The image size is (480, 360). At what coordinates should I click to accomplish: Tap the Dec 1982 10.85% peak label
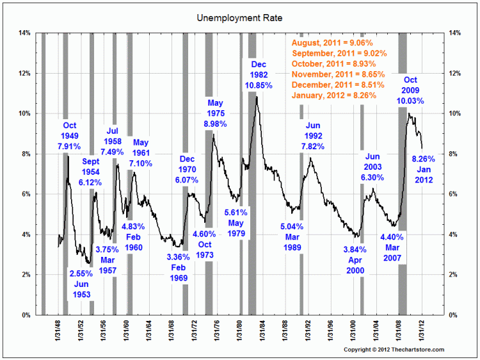262,74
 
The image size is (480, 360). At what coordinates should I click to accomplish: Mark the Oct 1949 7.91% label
69,135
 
